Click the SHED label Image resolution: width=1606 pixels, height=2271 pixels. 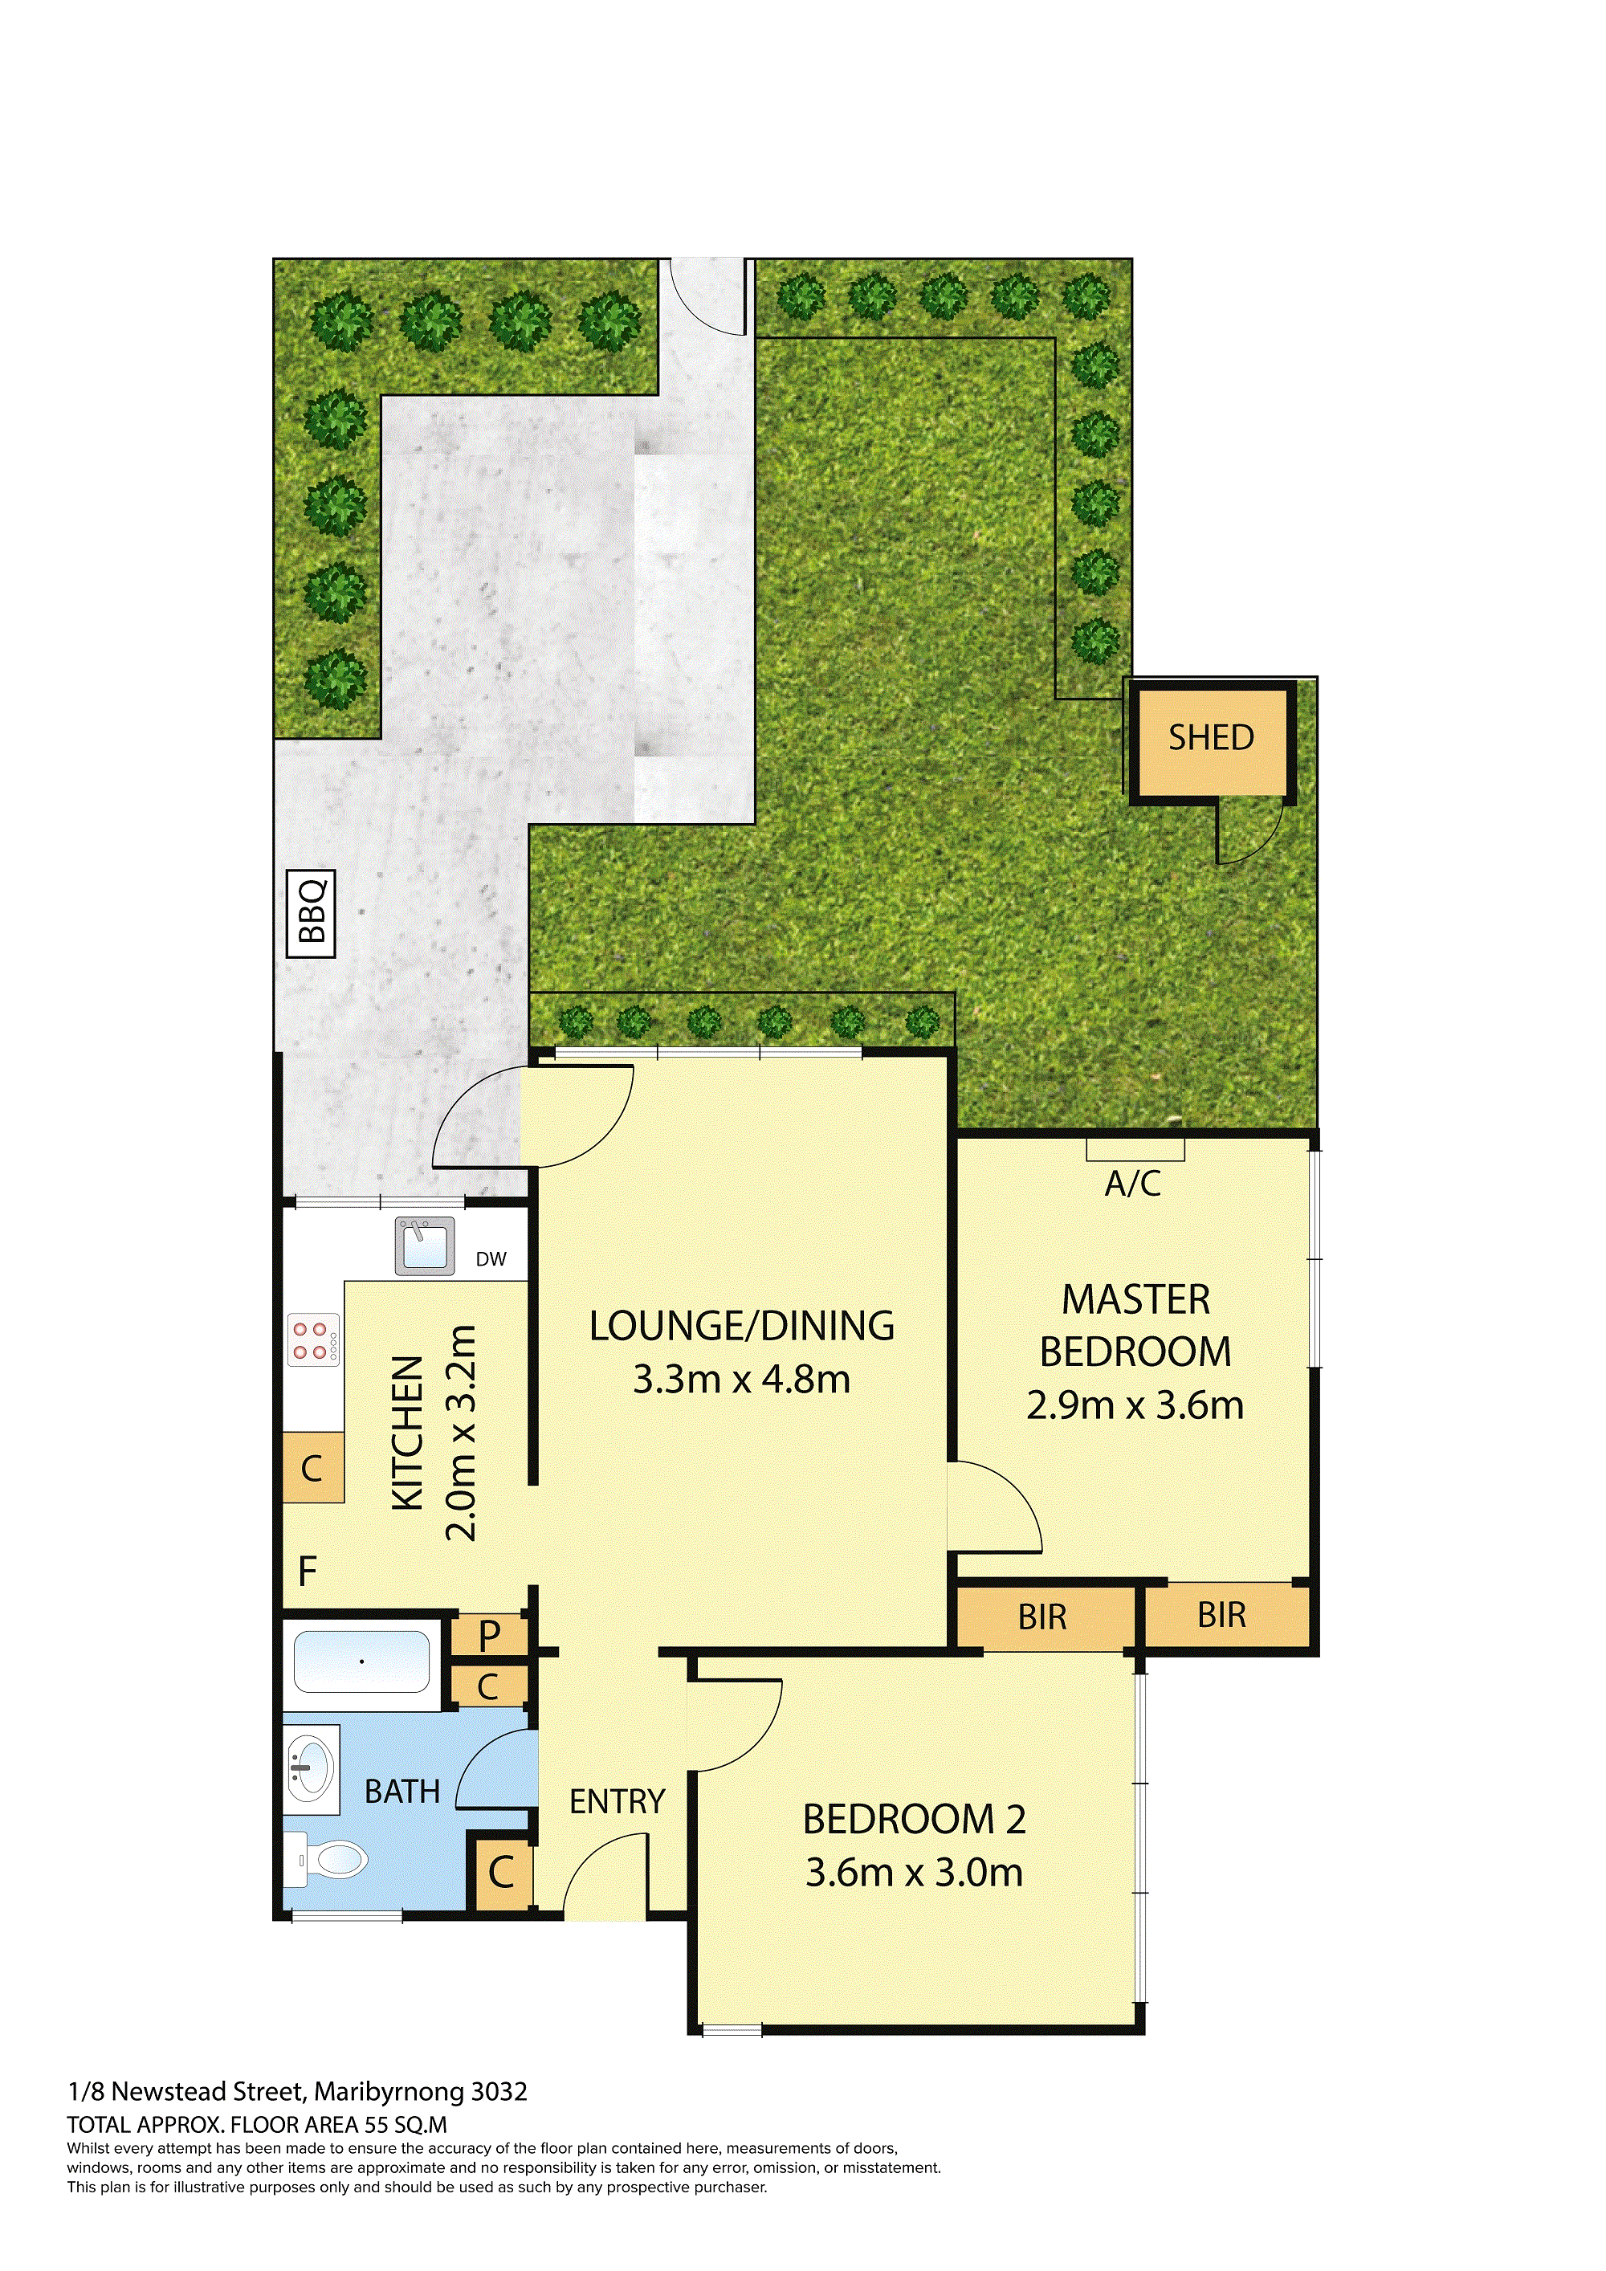point(1212,738)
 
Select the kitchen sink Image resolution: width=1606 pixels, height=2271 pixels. point(426,1246)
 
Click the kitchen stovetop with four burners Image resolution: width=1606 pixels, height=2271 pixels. point(313,1340)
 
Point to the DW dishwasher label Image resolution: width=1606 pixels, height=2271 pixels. point(491,1259)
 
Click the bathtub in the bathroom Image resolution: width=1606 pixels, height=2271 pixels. point(362,1661)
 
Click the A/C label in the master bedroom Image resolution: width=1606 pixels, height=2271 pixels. point(1133,1183)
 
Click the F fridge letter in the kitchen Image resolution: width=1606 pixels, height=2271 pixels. point(308,1571)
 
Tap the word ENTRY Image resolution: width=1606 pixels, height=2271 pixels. point(617,1801)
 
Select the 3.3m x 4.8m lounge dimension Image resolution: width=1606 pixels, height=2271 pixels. point(742,1379)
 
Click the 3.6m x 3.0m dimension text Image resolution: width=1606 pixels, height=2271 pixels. point(914,1873)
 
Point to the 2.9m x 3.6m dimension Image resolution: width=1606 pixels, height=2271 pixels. point(1135,1405)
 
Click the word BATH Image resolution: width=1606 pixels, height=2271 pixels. point(402,1792)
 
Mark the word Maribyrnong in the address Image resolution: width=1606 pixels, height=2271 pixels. point(389,2092)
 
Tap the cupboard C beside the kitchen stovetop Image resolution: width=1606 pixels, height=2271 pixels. point(312,1468)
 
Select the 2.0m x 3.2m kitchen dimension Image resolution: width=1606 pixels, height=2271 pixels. point(461,1433)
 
